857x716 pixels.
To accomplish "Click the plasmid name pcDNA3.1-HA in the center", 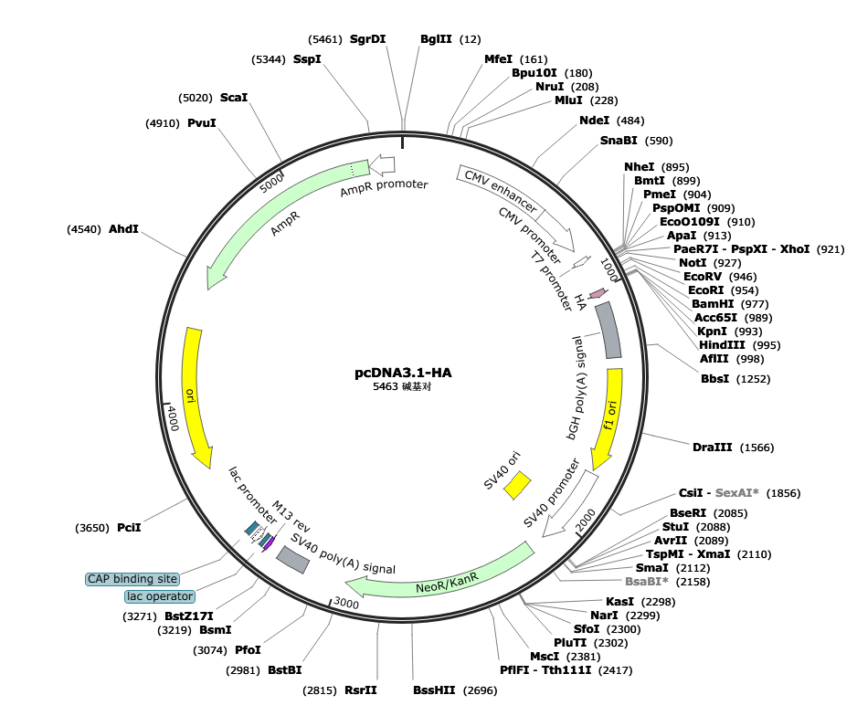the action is point(403,373).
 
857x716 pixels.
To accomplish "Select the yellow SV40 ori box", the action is point(517,486).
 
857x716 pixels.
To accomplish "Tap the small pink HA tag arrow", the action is point(598,293).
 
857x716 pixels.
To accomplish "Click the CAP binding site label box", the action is point(132,579).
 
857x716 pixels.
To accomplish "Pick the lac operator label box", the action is point(160,596).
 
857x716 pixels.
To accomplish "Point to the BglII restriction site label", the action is point(436,39).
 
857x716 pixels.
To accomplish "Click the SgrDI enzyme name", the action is point(368,39).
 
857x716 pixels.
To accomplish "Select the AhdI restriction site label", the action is point(123,229).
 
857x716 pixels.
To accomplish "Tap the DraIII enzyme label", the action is point(712,447).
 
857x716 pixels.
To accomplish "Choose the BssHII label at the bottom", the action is point(434,690).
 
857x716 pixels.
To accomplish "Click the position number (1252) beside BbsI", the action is point(753,379).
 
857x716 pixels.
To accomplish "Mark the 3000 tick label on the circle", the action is point(346,603).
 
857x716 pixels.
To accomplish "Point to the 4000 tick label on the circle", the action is point(173,417).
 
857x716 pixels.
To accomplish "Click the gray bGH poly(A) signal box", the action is point(608,330).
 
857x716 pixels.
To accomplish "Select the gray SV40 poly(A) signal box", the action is point(293,559).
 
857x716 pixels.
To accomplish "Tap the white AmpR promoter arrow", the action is point(382,164).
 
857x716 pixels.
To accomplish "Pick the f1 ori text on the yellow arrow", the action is point(610,415).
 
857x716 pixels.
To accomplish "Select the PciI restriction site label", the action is point(129,528).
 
